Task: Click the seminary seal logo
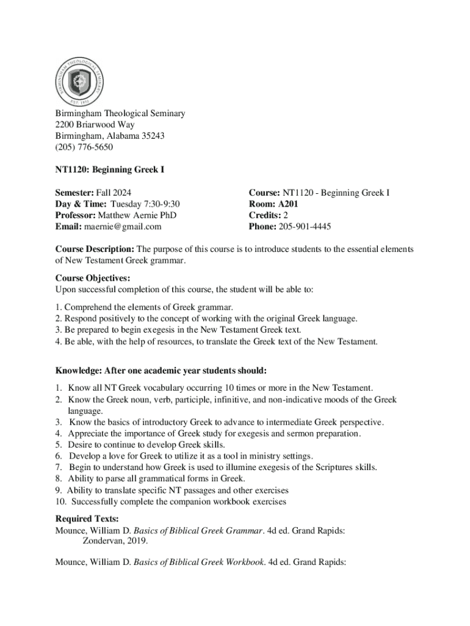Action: point(79,80)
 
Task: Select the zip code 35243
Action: point(151,136)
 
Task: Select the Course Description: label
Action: point(95,249)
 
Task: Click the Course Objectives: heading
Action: point(92,278)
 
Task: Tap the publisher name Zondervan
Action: point(105,541)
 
